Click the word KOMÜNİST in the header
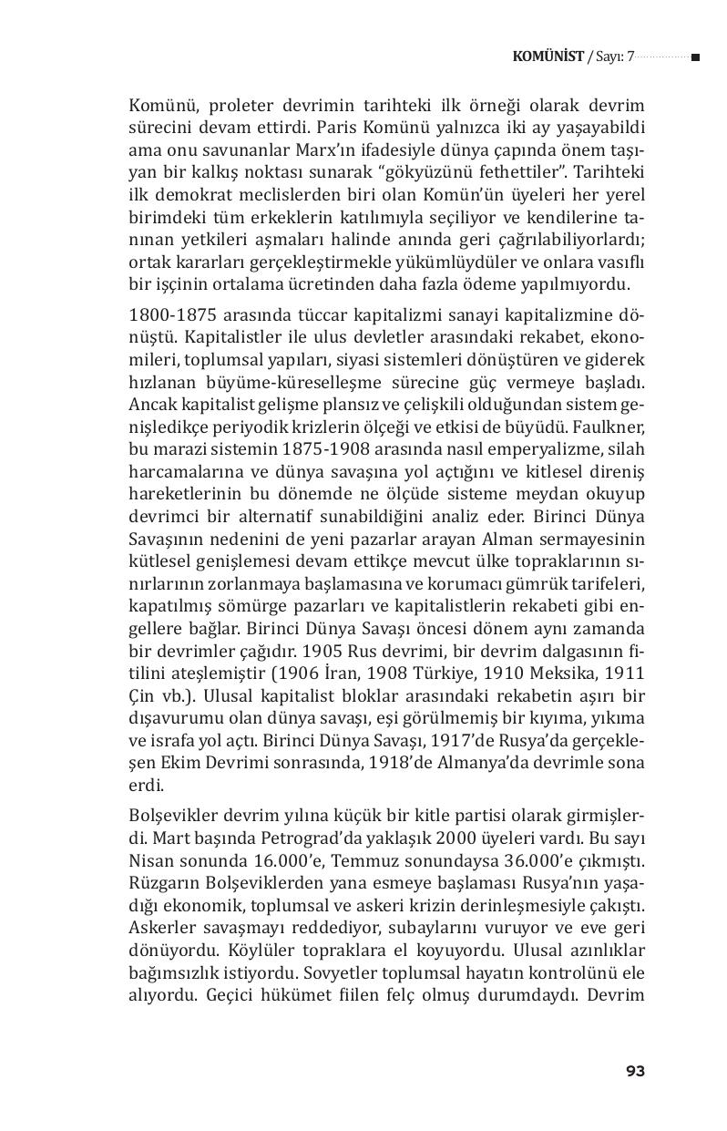coord(548,57)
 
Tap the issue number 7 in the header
coord(629,57)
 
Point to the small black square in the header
coord(695,58)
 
